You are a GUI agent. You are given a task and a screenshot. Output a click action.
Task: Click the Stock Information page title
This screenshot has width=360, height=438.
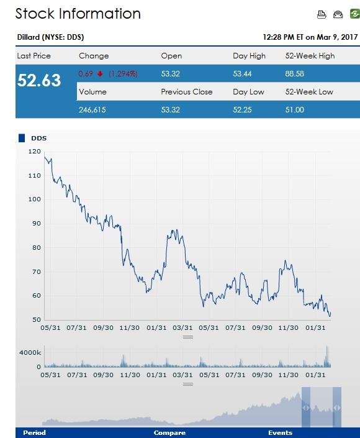point(78,14)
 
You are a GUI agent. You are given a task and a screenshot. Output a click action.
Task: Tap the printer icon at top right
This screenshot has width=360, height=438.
point(322,14)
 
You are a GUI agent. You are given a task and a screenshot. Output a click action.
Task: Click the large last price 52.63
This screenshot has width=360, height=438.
point(39,81)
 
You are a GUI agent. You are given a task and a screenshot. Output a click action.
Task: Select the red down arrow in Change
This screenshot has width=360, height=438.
point(99,74)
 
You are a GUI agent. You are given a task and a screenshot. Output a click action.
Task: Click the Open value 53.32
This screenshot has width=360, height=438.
point(171,74)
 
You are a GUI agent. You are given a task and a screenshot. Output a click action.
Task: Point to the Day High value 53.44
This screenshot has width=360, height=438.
point(243,74)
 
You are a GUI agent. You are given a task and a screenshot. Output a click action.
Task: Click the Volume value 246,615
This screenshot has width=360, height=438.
point(93,109)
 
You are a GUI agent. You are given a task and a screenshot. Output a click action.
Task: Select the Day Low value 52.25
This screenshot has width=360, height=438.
point(243,109)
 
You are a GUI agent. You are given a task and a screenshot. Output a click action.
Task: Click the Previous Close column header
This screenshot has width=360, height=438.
point(186,92)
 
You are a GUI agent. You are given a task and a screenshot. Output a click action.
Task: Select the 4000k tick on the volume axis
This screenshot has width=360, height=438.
point(30,352)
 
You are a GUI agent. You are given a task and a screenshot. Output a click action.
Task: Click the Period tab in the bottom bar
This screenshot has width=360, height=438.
point(34,433)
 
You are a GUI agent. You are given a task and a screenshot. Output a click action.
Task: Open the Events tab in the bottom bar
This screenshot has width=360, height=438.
point(280,433)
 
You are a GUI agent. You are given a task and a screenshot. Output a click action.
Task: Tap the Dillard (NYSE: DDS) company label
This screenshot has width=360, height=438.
point(50,37)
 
